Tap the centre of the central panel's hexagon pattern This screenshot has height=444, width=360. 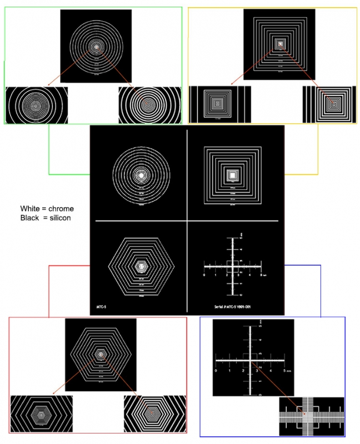142,266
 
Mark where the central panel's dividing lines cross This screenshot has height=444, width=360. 187,221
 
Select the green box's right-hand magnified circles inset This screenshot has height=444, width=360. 148,104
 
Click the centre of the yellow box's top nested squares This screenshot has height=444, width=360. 279,43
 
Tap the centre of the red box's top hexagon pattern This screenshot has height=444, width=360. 100,353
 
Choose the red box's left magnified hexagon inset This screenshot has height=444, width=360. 41,413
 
